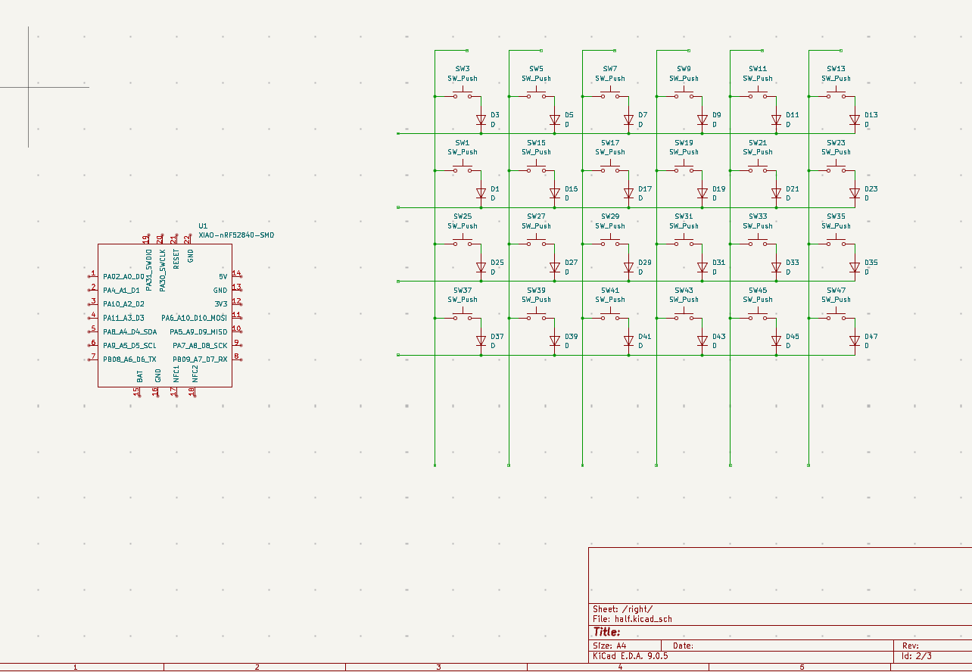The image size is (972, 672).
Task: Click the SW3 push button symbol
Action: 462,95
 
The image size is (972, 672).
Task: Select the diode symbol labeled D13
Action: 854,120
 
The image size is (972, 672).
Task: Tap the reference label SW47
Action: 836,291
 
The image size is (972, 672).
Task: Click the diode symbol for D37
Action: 481,341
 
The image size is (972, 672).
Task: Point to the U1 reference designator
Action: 203,226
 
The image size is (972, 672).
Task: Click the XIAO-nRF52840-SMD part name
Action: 236,235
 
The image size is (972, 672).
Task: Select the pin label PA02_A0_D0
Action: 123,277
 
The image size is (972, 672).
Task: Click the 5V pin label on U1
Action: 223,277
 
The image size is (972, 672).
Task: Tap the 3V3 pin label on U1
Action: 220,304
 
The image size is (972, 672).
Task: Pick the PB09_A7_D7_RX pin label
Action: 200,359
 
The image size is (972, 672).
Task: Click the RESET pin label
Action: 176,259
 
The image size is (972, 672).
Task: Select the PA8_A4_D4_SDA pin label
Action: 130,332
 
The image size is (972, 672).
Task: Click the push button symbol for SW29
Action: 610,242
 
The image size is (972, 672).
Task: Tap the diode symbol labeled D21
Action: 776,194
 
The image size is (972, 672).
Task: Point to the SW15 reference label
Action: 536,143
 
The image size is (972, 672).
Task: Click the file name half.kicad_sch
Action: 643,619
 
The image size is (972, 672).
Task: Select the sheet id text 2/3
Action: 924,656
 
